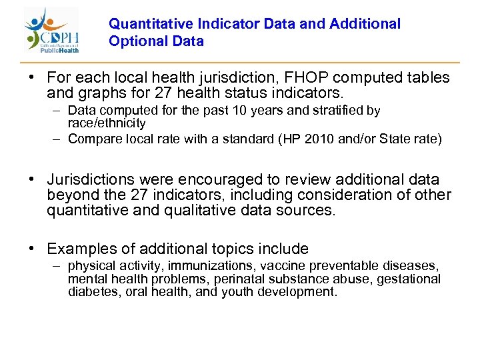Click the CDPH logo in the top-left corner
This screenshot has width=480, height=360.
point(53,30)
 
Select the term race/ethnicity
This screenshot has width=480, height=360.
point(107,123)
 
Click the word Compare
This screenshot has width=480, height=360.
point(93,139)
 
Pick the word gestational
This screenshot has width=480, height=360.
point(409,279)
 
